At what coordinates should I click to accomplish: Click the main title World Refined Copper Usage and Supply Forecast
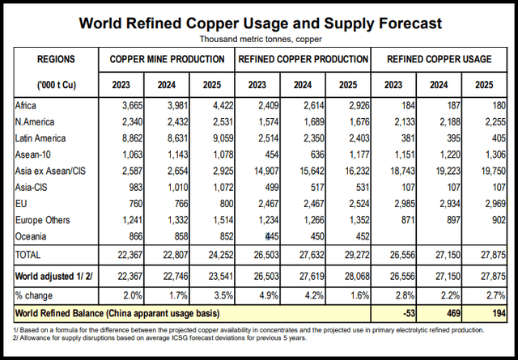click(x=260, y=23)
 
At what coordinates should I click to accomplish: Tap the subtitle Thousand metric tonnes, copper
click(x=260, y=38)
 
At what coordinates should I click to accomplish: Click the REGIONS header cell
click(x=56, y=60)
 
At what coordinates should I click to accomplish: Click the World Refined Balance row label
click(x=117, y=312)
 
